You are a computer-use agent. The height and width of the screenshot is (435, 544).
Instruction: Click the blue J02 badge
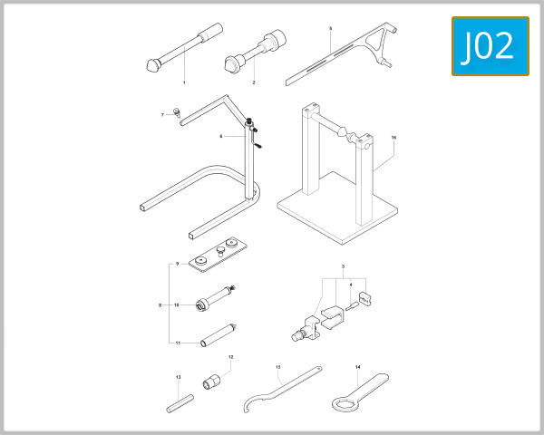pyautogui.click(x=490, y=46)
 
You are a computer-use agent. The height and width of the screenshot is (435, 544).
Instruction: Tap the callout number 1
pyautogui.click(x=184, y=82)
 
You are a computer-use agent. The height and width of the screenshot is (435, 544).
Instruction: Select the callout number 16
pyautogui.click(x=393, y=137)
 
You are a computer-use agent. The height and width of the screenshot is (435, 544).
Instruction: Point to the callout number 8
pyautogui.click(x=160, y=305)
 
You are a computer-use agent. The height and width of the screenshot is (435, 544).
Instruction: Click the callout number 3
pyautogui.click(x=344, y=267)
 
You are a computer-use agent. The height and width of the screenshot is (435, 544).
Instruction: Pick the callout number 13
pyautogui.click(x=178, y=377)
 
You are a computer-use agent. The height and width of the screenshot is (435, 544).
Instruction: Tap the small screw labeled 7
pyautogui.click(x=179, y=111)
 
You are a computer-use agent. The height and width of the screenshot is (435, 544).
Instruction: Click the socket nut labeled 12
pyautogui.click(x=214, y=381)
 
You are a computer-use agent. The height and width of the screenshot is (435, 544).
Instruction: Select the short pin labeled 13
pyautogui.click(x=178, y=400)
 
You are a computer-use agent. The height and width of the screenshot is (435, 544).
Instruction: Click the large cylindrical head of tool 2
pyautogui.click(x=274, y=40)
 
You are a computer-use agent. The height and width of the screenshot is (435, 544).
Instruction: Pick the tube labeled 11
pyautogui.click(x=218, y=333)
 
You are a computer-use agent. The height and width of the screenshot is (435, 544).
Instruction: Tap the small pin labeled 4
pyautogui.click(x=351, y=304)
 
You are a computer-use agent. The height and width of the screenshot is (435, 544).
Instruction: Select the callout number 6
pyautogui.click(x=221, y=136)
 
